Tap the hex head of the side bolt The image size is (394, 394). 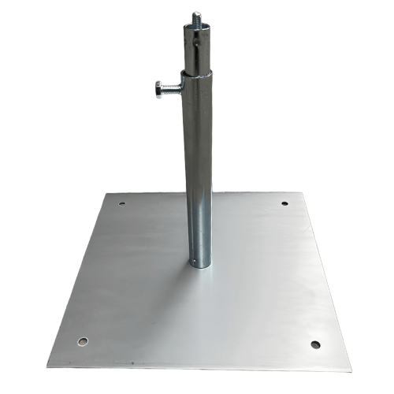[160, 90]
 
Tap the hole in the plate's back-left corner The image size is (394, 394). [121, 205]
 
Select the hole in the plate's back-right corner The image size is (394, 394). [284, 204]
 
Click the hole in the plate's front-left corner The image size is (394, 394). [83, 341]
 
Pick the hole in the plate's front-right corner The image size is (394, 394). [315, 344]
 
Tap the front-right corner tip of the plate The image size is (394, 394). [351, 371]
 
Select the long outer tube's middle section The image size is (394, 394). [198, 169]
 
